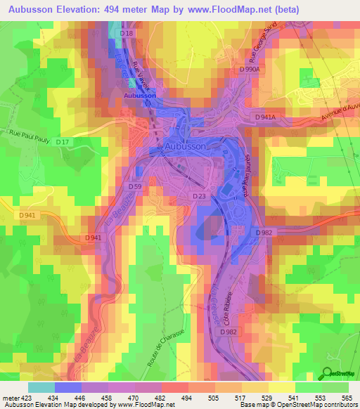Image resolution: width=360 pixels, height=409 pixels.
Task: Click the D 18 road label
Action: [127, 34]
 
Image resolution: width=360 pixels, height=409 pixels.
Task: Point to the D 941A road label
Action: [267, 117]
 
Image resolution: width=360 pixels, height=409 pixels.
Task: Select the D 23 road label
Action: [199, 197]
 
